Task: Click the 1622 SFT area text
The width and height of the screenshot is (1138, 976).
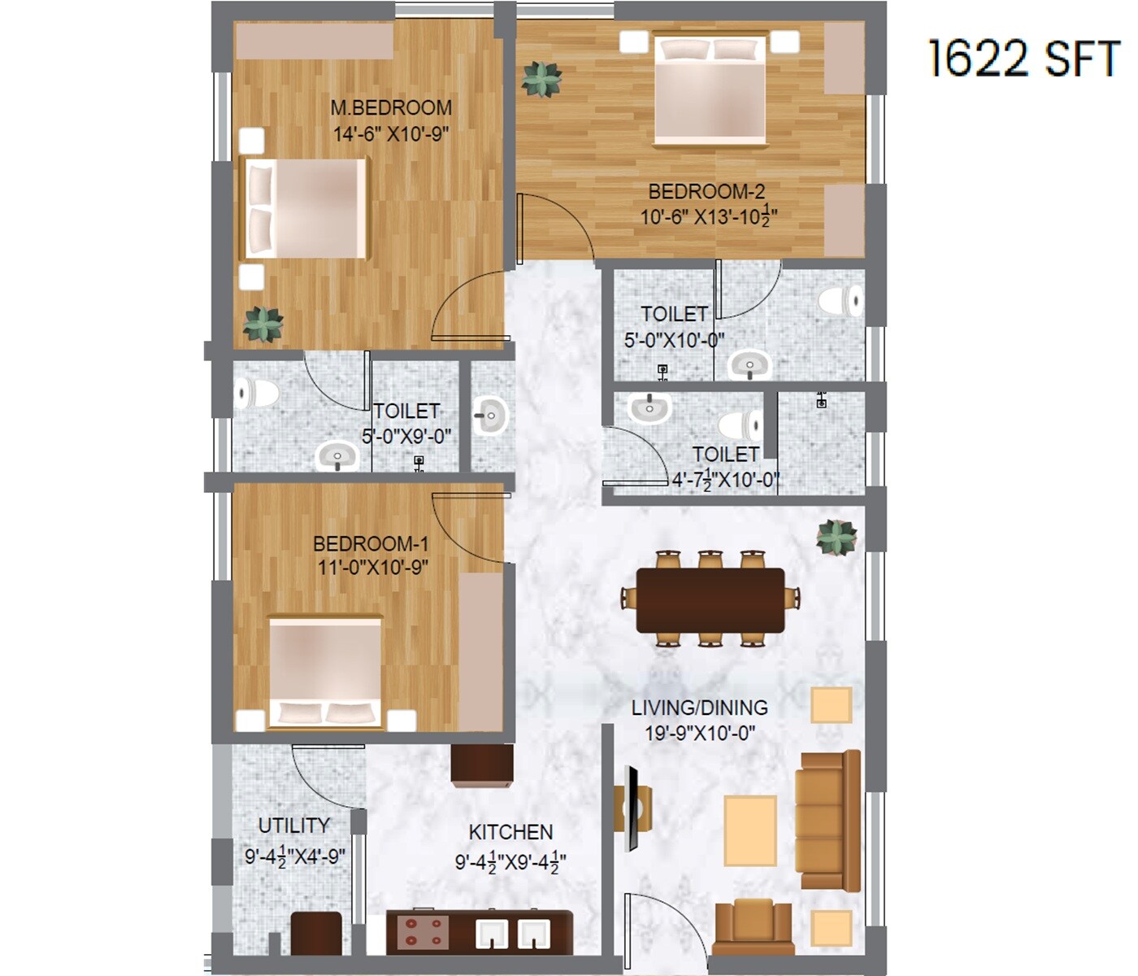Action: [1023, 59]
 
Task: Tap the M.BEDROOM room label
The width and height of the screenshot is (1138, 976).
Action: [391, 107]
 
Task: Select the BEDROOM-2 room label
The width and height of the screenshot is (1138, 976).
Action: [706, 192]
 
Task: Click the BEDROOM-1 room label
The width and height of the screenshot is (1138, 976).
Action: [371, 543]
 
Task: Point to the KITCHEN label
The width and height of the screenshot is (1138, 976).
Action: [510, 832]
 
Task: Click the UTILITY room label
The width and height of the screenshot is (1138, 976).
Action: [293, 826]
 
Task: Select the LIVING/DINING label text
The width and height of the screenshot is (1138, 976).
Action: [699, 708]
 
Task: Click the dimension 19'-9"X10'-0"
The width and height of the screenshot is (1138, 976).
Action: [699, 733]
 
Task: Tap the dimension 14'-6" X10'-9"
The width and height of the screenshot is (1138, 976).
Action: [391, 134]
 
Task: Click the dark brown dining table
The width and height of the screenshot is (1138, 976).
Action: [710, 600]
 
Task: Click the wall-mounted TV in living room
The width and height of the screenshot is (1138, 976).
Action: [631, 808]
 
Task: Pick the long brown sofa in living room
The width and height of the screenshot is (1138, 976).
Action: [827, 820]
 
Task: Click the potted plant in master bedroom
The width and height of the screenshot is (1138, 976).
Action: [263, 324]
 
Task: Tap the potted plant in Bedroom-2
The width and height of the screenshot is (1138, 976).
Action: [541, 80]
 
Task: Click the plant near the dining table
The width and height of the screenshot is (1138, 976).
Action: [836, 538]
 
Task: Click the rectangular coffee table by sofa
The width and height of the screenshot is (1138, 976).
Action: [749, 830]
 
